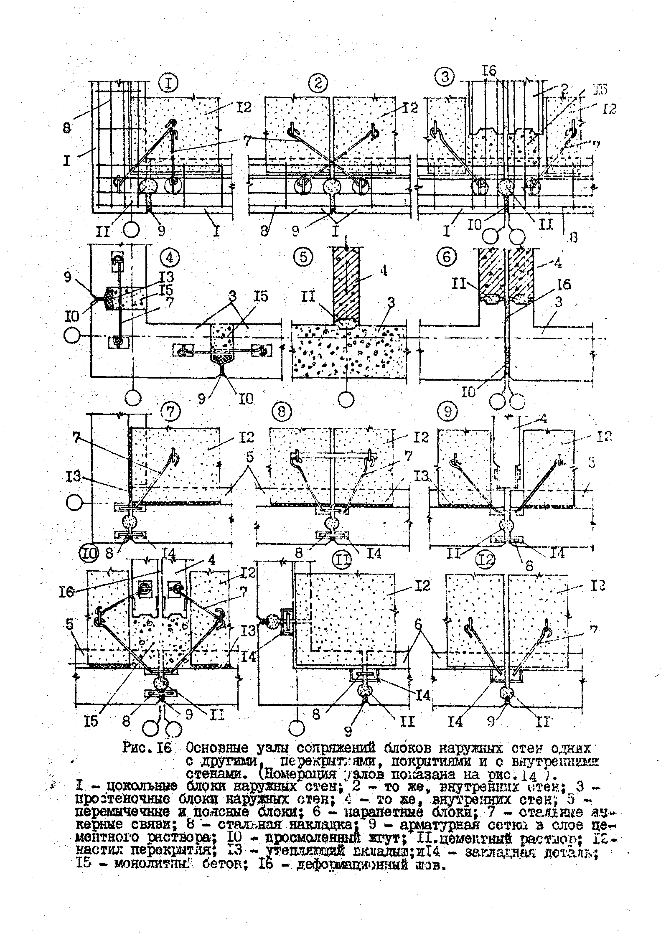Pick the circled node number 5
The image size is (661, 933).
click(303, 257)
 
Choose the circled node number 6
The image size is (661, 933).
click(446, 257)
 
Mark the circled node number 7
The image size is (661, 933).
click(170, 412)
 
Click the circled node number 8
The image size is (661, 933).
click(282, 412)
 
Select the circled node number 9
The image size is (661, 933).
click(448, 412)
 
